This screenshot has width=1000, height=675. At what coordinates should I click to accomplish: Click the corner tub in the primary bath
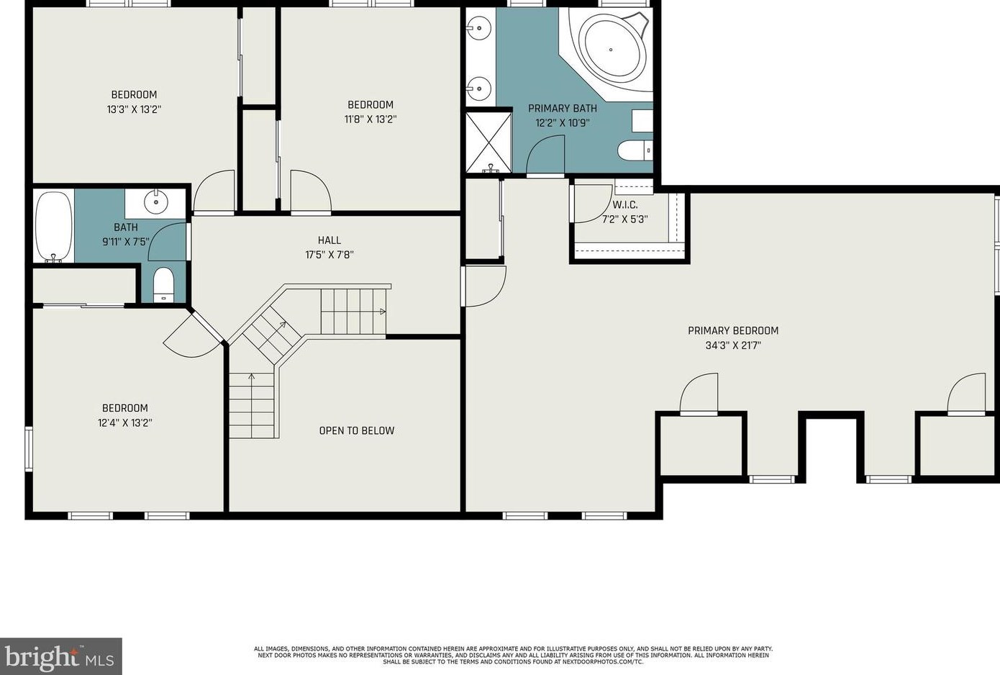point(612,50)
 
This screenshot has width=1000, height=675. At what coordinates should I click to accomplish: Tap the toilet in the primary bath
point(635,150)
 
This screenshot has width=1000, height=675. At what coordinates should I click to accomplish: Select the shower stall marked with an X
point(488,142)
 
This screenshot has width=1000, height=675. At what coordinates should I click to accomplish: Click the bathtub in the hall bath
point(54,227)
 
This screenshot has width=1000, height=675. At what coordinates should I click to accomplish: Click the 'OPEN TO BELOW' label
point(357,431)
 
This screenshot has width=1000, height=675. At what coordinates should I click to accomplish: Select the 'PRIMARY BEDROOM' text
point(733,331)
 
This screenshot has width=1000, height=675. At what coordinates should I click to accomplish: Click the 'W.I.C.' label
point(625,205)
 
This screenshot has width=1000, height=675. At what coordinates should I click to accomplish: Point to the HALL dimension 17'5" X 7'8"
point(329,255)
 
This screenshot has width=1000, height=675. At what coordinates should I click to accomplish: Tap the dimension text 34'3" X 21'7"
point(733,345)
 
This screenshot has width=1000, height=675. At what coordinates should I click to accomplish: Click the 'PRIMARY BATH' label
point(563,109)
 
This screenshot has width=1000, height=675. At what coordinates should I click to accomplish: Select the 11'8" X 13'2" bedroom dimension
point(371,119)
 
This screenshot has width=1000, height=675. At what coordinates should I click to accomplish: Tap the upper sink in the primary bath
point(478,27)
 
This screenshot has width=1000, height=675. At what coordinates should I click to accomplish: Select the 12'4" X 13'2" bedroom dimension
point(125,422)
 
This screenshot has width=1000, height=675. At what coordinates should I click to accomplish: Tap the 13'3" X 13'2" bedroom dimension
point(134,109)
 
